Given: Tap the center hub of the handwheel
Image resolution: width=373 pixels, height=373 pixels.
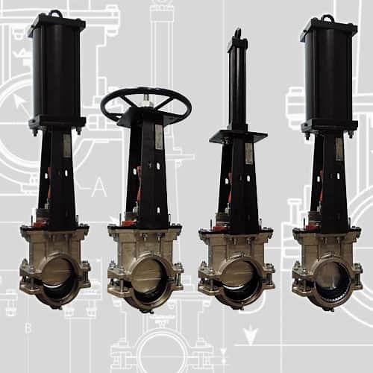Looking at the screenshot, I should tap(145, 104).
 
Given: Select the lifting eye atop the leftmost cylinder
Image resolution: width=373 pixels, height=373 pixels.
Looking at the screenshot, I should tap(55, 13).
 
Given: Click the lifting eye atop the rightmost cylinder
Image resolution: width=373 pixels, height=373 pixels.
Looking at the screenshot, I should tap(327, 17).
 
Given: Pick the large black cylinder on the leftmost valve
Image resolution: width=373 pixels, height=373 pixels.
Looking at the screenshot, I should tap(56, 71).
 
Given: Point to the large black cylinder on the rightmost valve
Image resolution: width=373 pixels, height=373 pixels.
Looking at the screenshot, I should tap(328, 75).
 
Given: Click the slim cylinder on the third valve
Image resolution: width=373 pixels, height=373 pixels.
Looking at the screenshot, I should tap(237, 82).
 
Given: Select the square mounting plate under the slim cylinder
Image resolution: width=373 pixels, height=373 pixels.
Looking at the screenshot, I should tap(238, 137).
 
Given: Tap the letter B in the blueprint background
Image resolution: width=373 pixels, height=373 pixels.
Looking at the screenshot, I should tap(28, 327).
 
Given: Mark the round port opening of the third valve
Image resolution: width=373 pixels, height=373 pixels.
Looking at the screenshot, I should tap(236, 280).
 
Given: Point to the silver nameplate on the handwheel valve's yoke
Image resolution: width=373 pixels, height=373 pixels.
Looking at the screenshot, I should tap(158, 138).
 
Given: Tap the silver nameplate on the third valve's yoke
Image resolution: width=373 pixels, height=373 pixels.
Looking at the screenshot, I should tap(248, 153).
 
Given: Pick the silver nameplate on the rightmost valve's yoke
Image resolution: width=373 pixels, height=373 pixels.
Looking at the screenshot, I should tap(338, 148).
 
